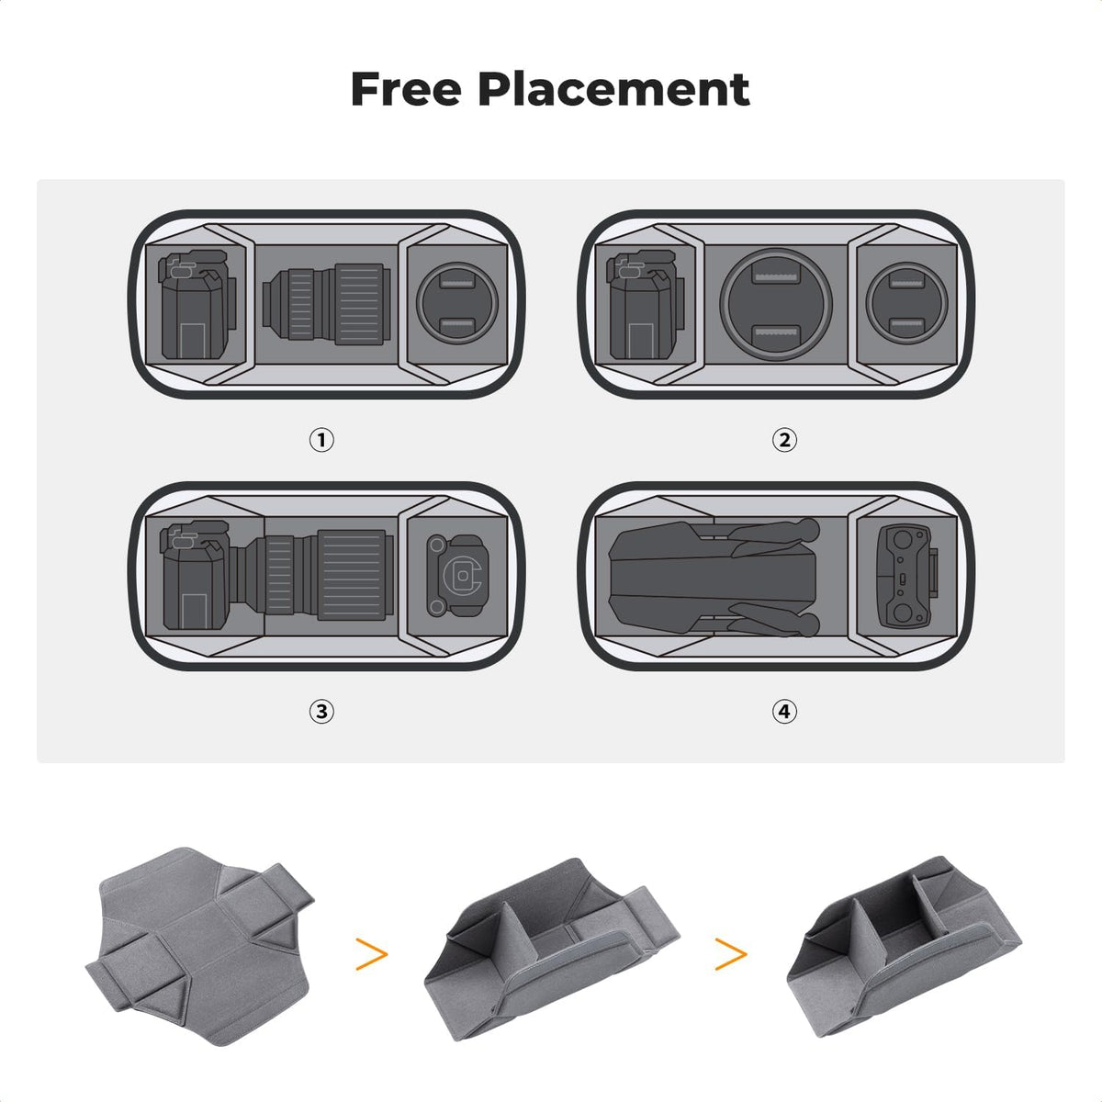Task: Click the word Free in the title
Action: pos(406,89)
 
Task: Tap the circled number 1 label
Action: pos(321,440)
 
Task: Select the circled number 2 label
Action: pos(784,440)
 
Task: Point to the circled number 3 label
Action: pos(321,712)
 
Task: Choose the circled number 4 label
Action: pos(784,712)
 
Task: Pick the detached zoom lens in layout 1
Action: pos(327,304)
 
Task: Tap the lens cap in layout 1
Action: pos(457,302)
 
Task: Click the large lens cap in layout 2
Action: pos(775,303)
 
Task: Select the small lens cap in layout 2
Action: pos(907,303)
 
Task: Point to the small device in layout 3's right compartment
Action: pos(458,576)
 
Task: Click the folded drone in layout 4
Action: pos(714,577)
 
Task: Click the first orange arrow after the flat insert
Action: pos(372,953)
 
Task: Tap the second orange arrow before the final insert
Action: pos(731,953)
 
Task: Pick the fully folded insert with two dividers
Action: pos(904,950)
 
